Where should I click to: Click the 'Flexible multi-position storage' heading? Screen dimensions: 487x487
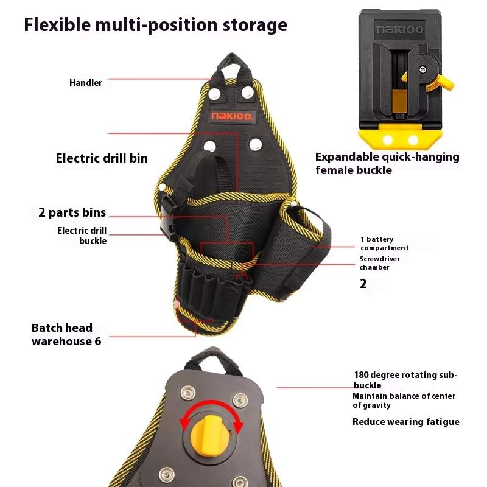tap(155, 25)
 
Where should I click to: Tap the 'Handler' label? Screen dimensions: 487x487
tap(86, 82)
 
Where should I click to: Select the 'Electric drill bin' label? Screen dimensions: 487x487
tap(102, 158)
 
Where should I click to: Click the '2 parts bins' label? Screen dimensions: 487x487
tap(72, 212)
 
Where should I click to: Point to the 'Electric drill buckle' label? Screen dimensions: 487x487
tap(82, 236)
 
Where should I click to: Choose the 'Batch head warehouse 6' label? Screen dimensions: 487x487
tap(66, 334)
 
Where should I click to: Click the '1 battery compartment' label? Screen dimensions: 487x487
tap(384, 243)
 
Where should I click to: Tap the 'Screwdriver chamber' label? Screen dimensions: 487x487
tap(379, 263)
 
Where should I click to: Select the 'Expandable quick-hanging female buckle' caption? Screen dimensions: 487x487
tap(387, 163)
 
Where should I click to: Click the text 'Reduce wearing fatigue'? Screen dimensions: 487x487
tap(405, 422)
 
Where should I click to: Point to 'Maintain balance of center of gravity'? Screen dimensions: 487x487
tap(404, 401)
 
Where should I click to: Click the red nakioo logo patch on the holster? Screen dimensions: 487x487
tap(233, 116)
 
